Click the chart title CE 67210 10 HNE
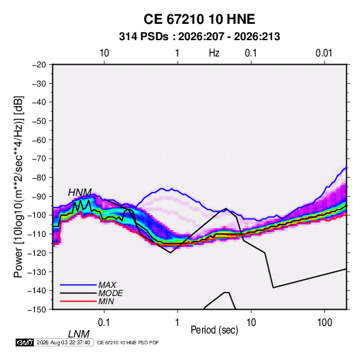(x=199, y=19)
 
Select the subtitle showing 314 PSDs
(x=199, y=37)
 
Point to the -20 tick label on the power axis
(x=39, y=65)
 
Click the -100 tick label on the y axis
(x=37, y=215)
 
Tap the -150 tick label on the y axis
(x=37, y=310)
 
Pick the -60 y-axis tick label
(x=39, y=140)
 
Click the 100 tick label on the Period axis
(x=325, y=323)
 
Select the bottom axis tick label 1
(x=178, y=323)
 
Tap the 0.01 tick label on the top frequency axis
(x=324, y=53)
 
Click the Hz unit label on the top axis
(x=214, y=53)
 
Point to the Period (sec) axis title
(x=214, y=330)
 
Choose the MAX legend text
(x=107, y=284)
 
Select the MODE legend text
(x=110, y=293)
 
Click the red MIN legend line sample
(x=78, y=301)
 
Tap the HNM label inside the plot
(x=80, y=193)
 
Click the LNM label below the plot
(x=79, y=334)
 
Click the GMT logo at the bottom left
(x=25, y=342)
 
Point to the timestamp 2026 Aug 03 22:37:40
(x=63, y=342)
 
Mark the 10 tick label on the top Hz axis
(x=104, y=53)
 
